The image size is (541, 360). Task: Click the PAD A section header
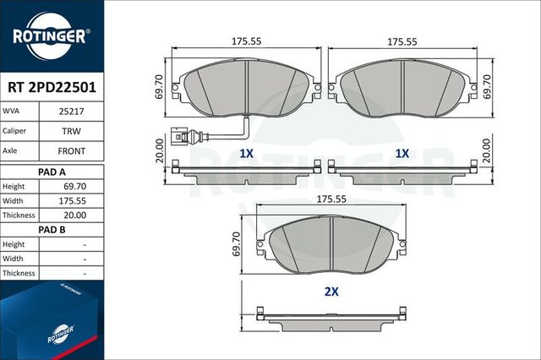tap(52, 171)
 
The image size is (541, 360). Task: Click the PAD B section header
tap(52, 228)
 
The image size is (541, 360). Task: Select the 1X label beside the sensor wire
tap(246, 154)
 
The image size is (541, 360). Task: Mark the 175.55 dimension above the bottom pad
tap(331, 199)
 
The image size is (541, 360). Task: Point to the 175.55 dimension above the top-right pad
tap(402, 41)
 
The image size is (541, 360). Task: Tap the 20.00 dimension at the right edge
tap(485, 152)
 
